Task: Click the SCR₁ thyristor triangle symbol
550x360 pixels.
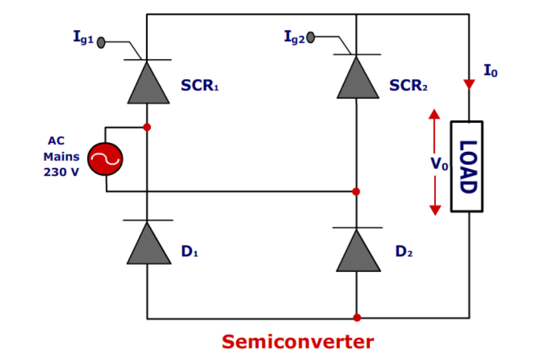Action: click(x=148, y=82)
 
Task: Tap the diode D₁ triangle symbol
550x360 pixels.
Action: click(x=148, y=243)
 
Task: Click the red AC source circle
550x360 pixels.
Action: click(x=105, y=159)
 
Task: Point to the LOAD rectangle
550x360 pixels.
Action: click(x=466, y=166)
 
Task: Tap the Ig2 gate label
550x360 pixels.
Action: click(x=295, y=36)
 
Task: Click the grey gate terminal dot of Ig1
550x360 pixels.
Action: click(x=101, y=43)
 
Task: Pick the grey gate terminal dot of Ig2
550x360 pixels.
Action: click(x=311, y=37)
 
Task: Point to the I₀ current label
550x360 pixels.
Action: click(x=490, y=71)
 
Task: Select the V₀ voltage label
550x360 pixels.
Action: click(x=439, y=165)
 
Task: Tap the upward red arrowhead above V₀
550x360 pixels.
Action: click(x=435, y=115)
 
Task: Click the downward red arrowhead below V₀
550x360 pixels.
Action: click(x=435, y=209)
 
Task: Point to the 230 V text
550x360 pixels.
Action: click(x=61, y=173)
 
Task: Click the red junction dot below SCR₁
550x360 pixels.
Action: click(x=147, y=127)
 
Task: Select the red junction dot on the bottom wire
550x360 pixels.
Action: click(x=357, y=317)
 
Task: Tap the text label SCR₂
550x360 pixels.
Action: click(x=408, y=85)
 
